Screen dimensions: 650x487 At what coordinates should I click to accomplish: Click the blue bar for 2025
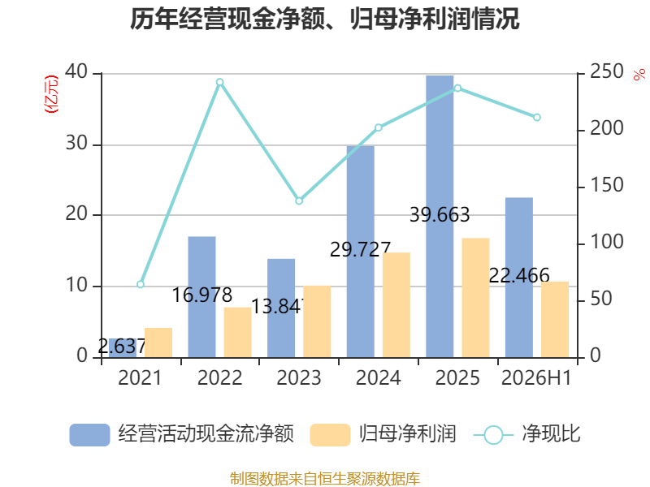[440, 216]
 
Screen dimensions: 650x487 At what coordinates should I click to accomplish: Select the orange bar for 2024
[396, 305]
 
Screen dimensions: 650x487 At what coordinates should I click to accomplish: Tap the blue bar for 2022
[201, 297]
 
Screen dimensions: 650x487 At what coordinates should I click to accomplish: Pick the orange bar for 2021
[158, 343]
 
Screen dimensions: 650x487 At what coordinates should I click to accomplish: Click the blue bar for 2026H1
[519, 278]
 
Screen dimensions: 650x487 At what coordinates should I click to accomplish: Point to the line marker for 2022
[220, 82]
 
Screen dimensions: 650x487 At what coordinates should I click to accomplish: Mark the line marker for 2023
[299, 200]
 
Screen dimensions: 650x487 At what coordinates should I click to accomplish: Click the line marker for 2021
[141, 284]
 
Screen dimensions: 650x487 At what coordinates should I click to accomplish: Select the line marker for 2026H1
[537, 117]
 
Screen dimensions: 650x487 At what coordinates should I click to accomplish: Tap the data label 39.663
[440, 214]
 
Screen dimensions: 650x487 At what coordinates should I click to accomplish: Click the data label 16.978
[201, 295]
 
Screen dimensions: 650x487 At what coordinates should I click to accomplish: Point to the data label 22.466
[519, 275]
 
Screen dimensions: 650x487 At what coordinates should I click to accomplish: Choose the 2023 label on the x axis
[299, 377]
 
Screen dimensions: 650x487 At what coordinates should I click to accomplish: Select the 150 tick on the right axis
[606, 185]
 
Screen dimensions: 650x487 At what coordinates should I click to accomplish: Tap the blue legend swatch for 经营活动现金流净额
[89, 435]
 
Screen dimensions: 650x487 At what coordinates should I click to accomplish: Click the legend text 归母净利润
[408, 434]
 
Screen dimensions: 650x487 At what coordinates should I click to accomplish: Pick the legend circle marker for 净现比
[493, 435]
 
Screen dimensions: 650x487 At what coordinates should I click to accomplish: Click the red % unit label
[639, 75]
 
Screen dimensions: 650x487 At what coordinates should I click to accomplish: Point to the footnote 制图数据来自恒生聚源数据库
[325, 479]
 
